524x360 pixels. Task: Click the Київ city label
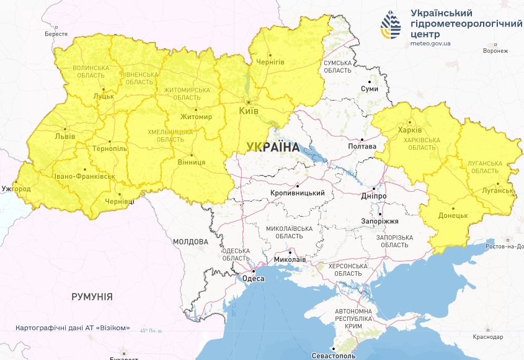249,111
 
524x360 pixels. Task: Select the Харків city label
410,130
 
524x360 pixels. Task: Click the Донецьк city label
453,216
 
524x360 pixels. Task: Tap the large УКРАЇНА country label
272,147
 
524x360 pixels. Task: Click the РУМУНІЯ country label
92,297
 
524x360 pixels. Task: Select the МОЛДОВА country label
190,241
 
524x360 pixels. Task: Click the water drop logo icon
391,25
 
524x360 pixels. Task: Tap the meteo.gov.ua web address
430,43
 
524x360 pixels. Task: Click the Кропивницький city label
298,193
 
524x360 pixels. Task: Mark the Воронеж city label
495,51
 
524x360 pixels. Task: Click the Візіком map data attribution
73,328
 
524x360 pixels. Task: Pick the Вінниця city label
192,162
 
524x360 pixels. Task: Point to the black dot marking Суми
370,81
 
